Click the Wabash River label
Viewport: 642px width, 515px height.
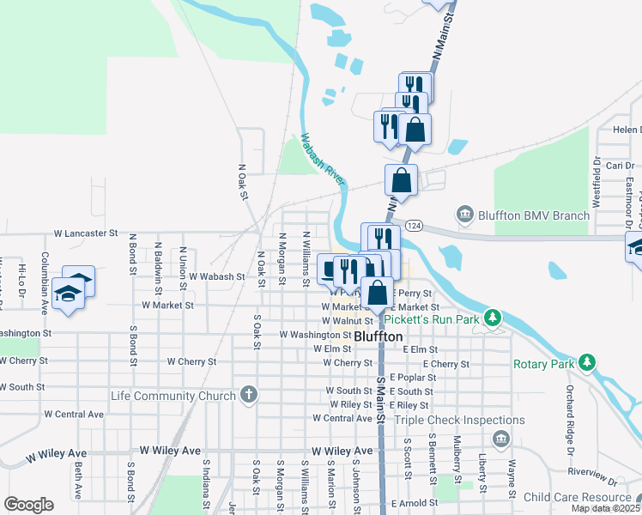[x=323, y=158]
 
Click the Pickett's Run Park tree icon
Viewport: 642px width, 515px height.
[x=493, y=318]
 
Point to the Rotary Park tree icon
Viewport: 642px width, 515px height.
[x=587, y=363]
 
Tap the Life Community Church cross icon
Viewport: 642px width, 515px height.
[x=248, y=396]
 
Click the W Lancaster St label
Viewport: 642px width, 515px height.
[x=86, y=233]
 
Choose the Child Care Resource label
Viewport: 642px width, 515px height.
[x=577, y=497]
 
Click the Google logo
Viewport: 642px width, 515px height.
[x=28, y=504]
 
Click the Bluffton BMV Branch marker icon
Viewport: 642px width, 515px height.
[x=465, y=213]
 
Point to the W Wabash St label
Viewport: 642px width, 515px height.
[x=217, y=277]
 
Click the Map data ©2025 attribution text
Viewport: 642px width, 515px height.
[x=605, y=508]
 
